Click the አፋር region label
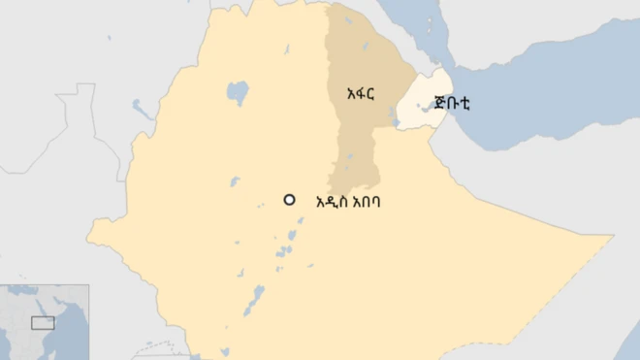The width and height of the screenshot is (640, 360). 359,93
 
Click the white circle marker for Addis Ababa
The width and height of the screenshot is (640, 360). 289,200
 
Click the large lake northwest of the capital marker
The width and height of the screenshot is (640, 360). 237,93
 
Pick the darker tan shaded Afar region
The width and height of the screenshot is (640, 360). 354,136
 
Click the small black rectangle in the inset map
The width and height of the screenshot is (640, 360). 43,322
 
